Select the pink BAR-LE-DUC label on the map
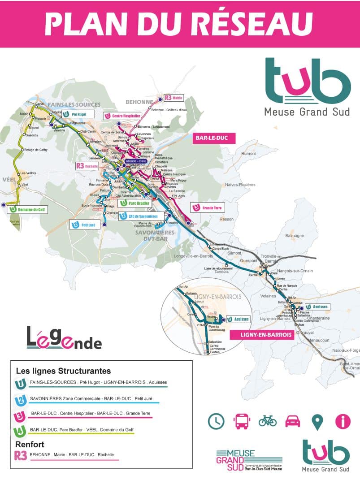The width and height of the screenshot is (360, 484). tap(214, 138)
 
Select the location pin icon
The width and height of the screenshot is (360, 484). tap(317, 421)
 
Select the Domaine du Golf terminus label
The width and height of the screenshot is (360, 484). tap(27, 209)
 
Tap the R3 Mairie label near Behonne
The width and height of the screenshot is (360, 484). tap(173, 97)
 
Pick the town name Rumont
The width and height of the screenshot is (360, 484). tap(248, 154)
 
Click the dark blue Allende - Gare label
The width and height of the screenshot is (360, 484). tap(136, 161)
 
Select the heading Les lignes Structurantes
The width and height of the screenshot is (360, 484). tap(63, 371)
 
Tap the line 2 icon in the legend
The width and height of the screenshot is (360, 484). tap(21, 400)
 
